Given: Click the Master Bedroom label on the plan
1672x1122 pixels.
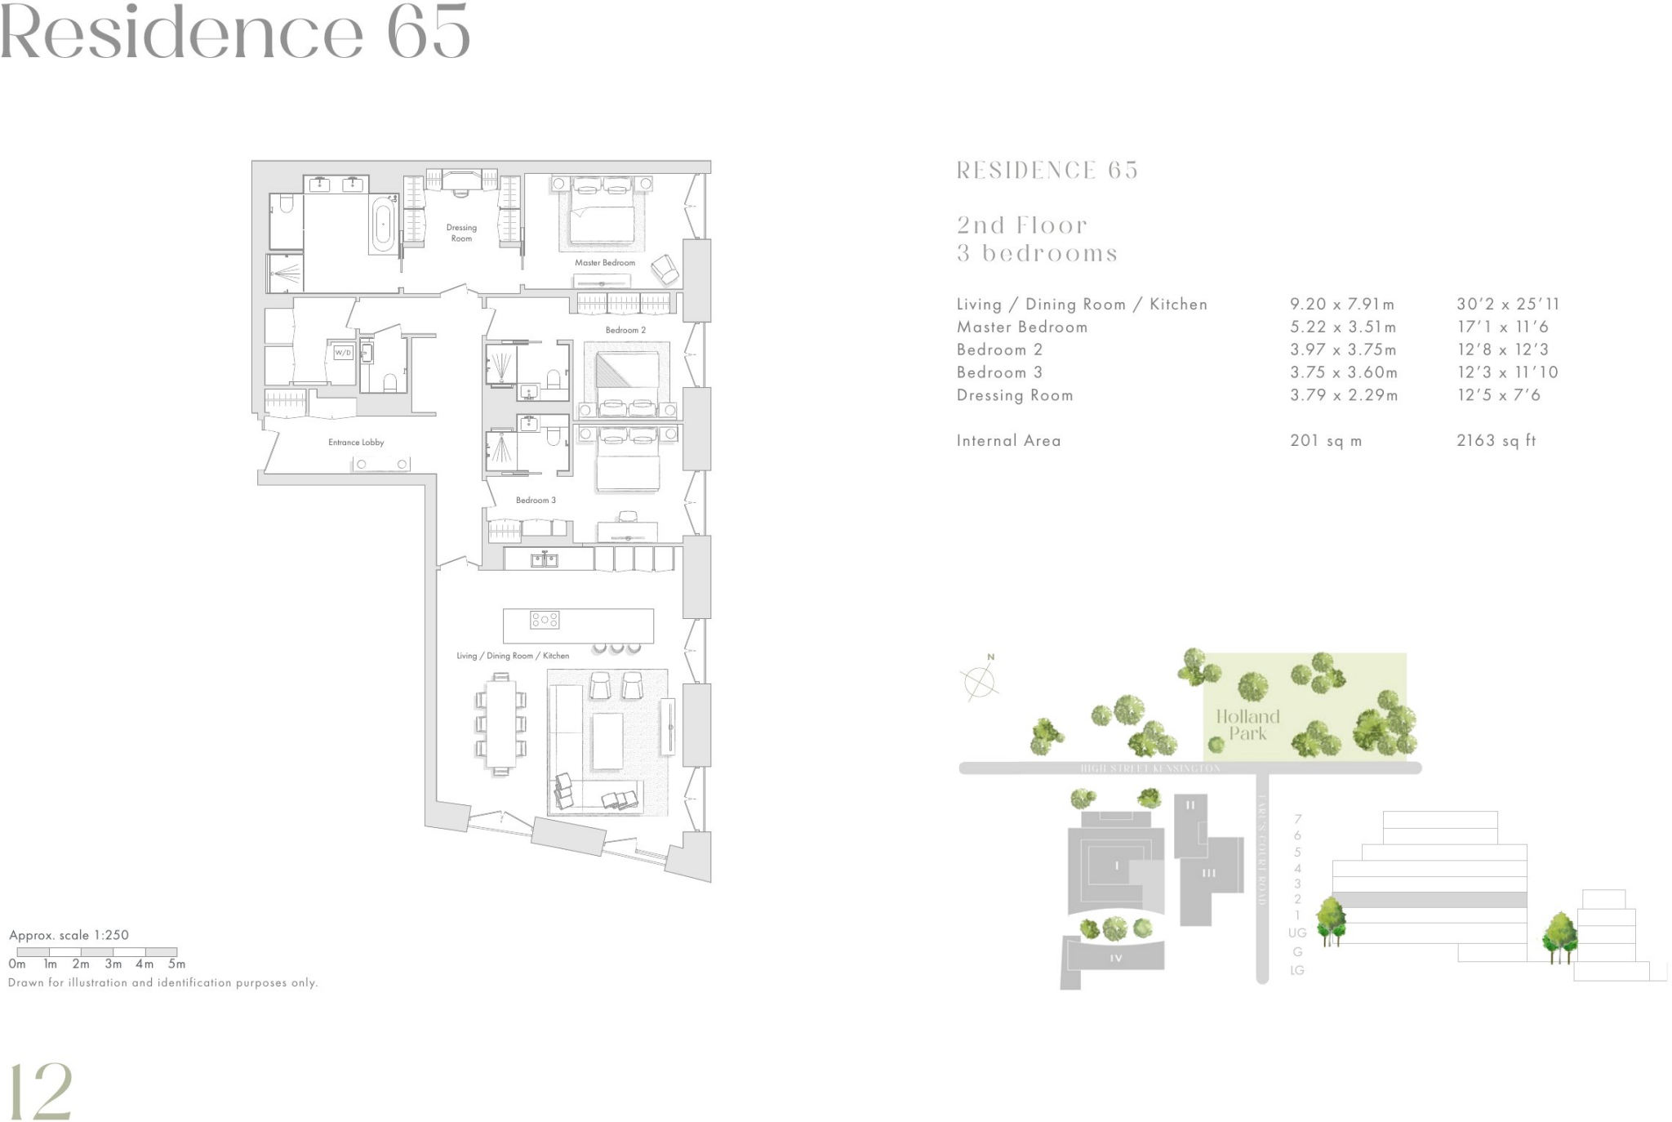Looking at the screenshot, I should pos(604,263).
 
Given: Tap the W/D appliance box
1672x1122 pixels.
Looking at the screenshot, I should pos(343,353).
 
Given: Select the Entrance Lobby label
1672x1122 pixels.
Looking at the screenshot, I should pos(356,443).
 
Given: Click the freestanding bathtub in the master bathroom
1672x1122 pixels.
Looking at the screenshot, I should pos(383,224).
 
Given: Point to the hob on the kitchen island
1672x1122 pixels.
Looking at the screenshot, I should pos(545,620).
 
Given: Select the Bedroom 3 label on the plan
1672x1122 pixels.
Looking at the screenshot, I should pos(536,501).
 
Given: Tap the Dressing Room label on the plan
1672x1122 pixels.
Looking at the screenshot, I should pos(461,234).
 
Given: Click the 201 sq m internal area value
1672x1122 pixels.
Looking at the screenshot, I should pos(1325,441).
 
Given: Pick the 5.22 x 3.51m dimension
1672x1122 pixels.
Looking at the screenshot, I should pos(1342,327).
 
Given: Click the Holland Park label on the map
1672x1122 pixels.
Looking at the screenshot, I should pos(1247,725).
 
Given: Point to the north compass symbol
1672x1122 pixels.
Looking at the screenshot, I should pos(980,679).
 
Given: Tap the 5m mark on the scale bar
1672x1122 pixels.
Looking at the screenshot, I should pos(176,964).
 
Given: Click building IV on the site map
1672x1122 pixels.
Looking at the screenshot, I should pos(1115,958).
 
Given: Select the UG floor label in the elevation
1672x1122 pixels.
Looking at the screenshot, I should pos(1297,933).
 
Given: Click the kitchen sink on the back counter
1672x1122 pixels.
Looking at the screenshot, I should pos(545,559).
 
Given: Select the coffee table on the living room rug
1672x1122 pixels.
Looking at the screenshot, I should pos(607,741).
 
